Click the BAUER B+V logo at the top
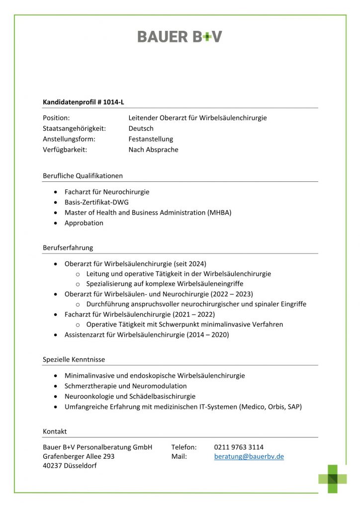pyautogui.click(x=180, y=36)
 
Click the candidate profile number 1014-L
pyautogui.click(x=114, y=102)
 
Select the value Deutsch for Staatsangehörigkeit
pyautogui.click(x=141, y=128)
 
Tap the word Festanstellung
pyautogui.click(x=151, y=139)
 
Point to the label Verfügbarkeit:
pyautogui.click(x=65, y=150)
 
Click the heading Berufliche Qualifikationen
pyautogui.click(x=83, y=175)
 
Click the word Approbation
pyautogui.click(x=84, y=223)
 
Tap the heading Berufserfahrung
pyautogui.click(x=68, y=248)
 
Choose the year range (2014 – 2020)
pyautogui.click(x=208, y=335)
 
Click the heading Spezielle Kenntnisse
pyautogui.click(x=74, y=359)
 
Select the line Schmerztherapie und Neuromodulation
pyautogui.click(x=126, y=386)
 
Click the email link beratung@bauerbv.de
pyautogui.click(x=249, y=456)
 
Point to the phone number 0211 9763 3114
pyautogui.click(x=239, y=447)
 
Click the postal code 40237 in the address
pyautogui.click(x=52, y=466)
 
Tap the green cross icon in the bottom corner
pyautogui.click(x=333, y=479)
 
